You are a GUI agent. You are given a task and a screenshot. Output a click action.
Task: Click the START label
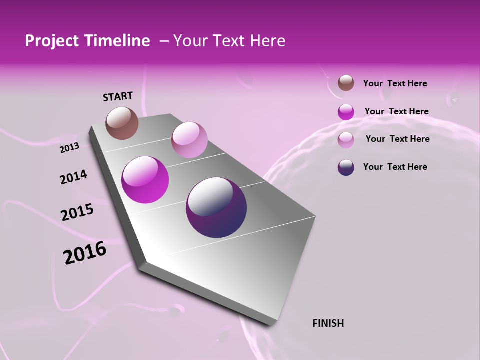click(x=118, y=96)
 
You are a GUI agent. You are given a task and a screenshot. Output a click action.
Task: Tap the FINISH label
click(x=328, y=323)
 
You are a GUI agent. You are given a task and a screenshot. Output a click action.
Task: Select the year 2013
click(x=69, y=148)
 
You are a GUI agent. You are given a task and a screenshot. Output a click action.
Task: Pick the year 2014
click(x=73, y=177)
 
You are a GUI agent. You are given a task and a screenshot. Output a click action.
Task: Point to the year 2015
click(x=77, y=212)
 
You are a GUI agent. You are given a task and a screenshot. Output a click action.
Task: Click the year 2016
click(x=85, y=253)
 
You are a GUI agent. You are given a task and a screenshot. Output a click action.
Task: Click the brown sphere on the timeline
click(x=122, y=123)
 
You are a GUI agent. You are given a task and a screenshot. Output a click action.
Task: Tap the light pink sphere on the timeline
click(x=189, y=140)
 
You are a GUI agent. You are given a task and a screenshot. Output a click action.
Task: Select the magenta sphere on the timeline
click(x=145, y=180)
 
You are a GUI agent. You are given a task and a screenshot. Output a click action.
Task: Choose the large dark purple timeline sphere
click(x=216, y=207)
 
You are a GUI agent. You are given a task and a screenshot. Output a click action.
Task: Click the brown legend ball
click(x=346, y=83)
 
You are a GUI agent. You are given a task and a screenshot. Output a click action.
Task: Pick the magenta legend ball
click(x=346, y=112)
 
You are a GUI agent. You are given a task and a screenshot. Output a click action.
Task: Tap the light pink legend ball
click(x=346, y=140)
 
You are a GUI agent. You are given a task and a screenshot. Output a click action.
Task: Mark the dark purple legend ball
click(x=346, y=167)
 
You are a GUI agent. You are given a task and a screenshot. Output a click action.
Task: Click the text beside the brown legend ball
click(x=395, y=84)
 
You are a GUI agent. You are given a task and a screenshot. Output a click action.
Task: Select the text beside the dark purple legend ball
click(x=395, y=167)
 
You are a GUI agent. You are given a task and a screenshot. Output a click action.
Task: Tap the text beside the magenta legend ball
click(x=396, y=112)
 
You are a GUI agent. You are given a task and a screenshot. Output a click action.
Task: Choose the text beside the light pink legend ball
click(x=397, y=139)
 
